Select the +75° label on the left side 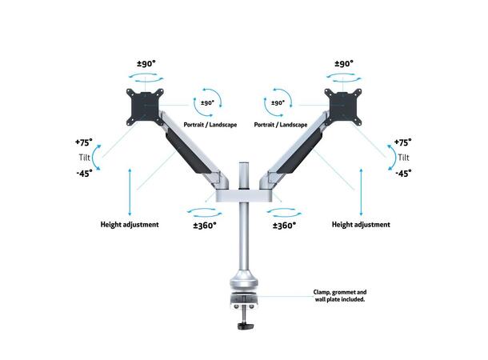pyautogui.click(x=83, y=141)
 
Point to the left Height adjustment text pyautogui.click(x=130, y=225)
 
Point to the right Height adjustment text pyautogui.click(x=361, y=225)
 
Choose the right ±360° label pyautogui.click(x=284, y=226)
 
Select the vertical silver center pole pyautogui.click(x=243, y=240)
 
